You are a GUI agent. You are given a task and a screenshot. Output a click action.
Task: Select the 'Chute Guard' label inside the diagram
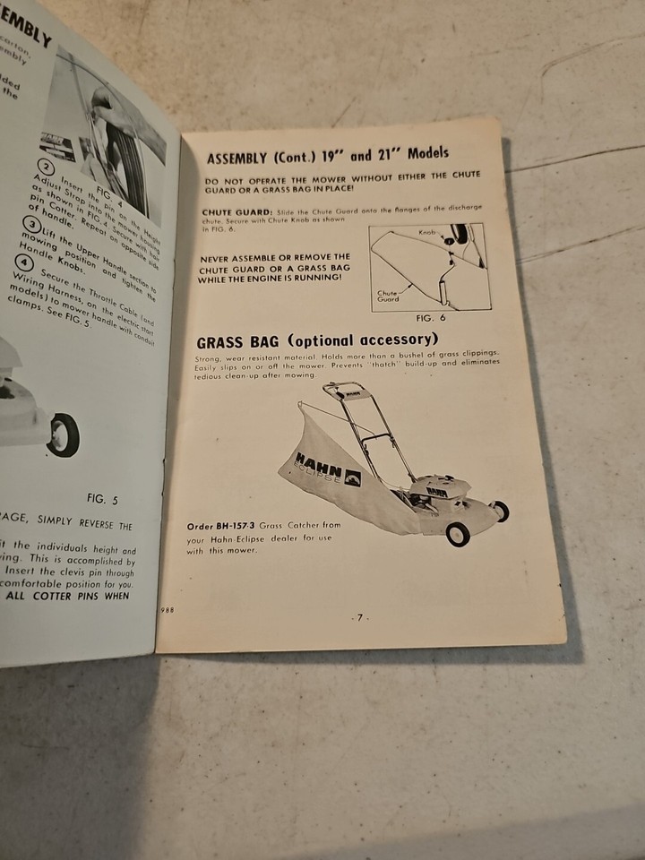[x=387, y=295]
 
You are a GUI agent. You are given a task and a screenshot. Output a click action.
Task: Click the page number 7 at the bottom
[x=357, y=617]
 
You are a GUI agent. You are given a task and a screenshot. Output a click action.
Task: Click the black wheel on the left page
[x=64, y=435]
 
